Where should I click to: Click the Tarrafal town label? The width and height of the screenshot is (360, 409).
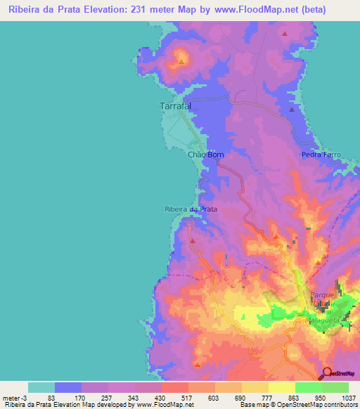[172, 106]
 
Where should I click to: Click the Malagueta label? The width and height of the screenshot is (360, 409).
[323, 318]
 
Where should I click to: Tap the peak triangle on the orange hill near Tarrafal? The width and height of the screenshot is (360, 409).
[181, 60]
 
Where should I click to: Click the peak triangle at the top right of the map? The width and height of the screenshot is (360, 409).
[285, 33]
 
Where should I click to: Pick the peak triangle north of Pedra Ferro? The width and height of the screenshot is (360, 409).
[292, 110]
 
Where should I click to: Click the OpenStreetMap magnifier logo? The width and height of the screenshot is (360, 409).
[326, 373]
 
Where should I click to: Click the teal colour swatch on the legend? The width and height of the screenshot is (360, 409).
[41, 387]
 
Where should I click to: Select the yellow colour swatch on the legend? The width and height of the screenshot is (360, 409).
[282, 387]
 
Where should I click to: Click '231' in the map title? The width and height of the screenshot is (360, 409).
[150, 10]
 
